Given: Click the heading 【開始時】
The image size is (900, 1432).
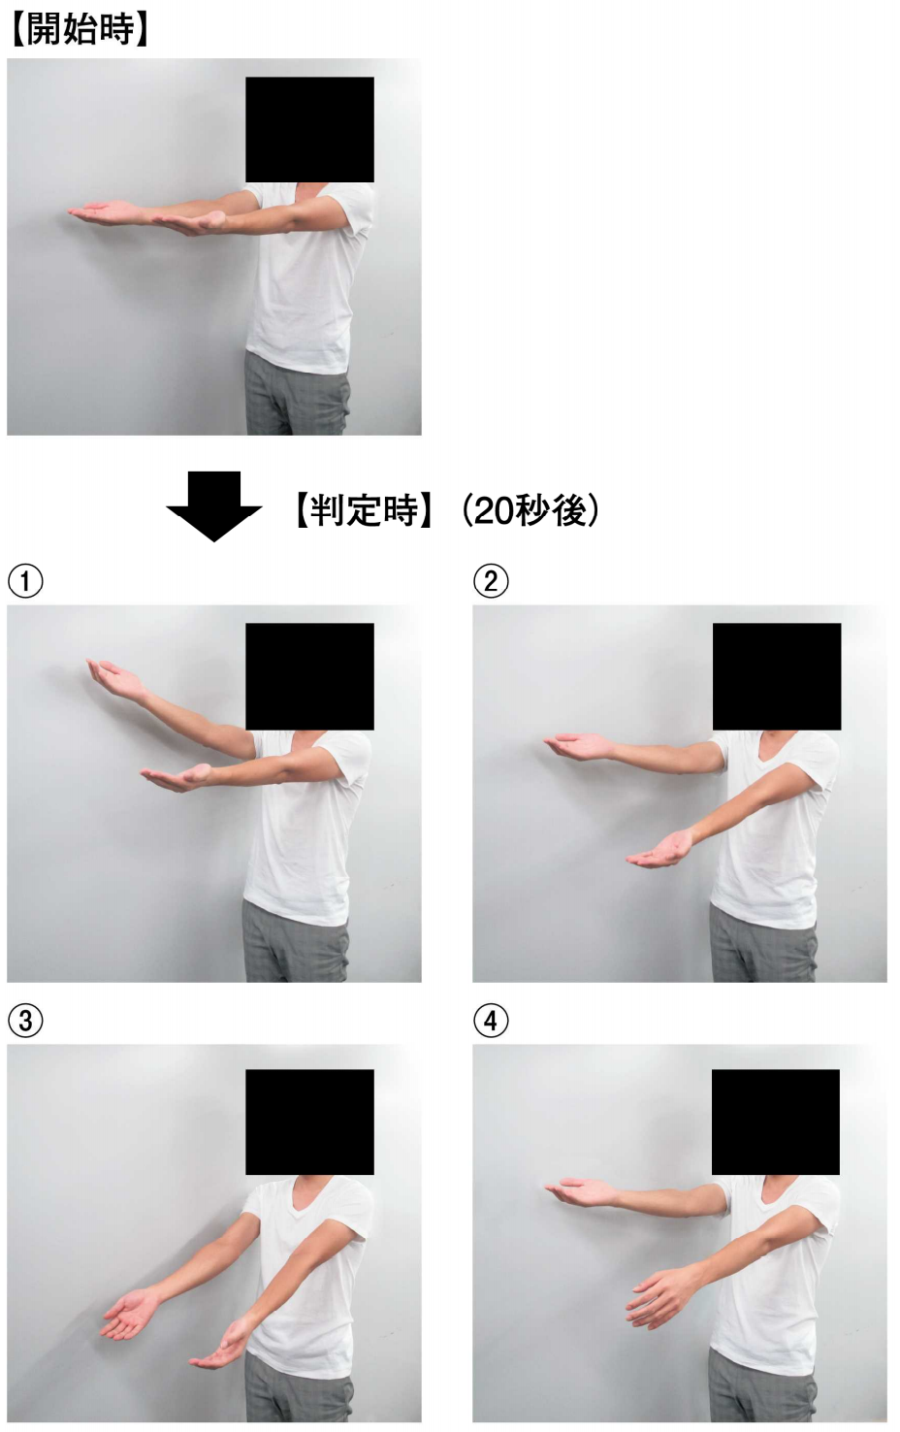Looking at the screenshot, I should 80,29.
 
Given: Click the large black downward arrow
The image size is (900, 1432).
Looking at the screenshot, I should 213,505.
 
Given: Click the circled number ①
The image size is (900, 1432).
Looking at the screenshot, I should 25,582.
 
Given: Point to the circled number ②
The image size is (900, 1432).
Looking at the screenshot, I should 491,582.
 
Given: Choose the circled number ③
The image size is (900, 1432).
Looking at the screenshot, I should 25,1021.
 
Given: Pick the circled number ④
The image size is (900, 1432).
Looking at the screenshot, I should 491,1021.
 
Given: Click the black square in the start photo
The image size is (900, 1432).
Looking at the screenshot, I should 309,129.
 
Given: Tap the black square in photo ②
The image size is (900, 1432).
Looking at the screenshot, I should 776,676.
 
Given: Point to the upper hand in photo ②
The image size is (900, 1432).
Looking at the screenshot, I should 578,745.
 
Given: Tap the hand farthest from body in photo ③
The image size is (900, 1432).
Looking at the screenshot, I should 130,1314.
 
